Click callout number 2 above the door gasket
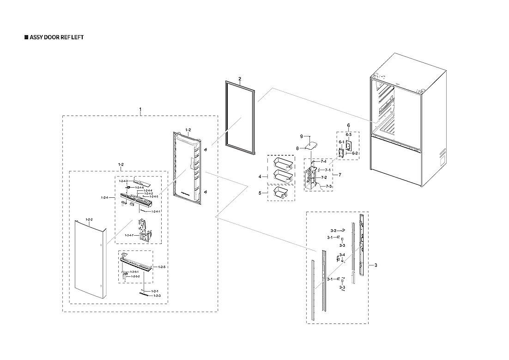tap(240, 79)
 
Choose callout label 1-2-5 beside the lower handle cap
tap(162, 267)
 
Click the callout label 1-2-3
tap(157, 295)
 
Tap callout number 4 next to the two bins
tap(260, 177)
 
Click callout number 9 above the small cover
tap(301, 137)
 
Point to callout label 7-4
tap(323, 161)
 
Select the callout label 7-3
tap(329, 186)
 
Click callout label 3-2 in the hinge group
tap(333, 230)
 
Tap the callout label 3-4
tap(342, 255)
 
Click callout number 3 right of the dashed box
tap(376, 265)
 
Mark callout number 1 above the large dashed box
tap(140, 109)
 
